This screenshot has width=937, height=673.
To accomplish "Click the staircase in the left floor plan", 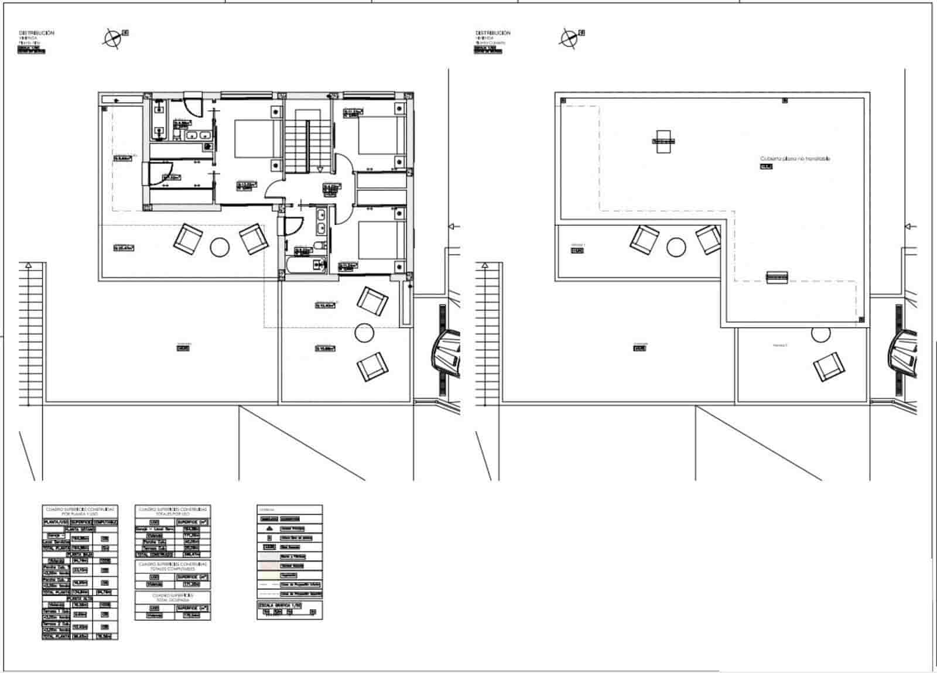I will click(305, 141).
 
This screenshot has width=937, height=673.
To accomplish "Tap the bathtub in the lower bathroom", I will click(303, 264).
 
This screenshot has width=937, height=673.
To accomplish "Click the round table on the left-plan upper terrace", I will click(220, 247).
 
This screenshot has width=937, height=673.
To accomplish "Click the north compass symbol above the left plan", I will click(112, 39).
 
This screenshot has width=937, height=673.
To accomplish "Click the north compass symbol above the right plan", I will click(568, 39).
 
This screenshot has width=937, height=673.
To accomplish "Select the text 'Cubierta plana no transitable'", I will click(795, 159).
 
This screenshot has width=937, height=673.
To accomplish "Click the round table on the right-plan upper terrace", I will click(676, 247).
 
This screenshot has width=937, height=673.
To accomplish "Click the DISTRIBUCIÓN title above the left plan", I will click(36, 33).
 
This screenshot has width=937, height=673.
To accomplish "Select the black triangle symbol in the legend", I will click(269, 528).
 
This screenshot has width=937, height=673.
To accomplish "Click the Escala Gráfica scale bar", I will click(289, 612).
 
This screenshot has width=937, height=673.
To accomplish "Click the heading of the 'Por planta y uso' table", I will click(80, 511).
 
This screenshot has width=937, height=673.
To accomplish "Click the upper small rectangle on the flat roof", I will click(663, 141).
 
